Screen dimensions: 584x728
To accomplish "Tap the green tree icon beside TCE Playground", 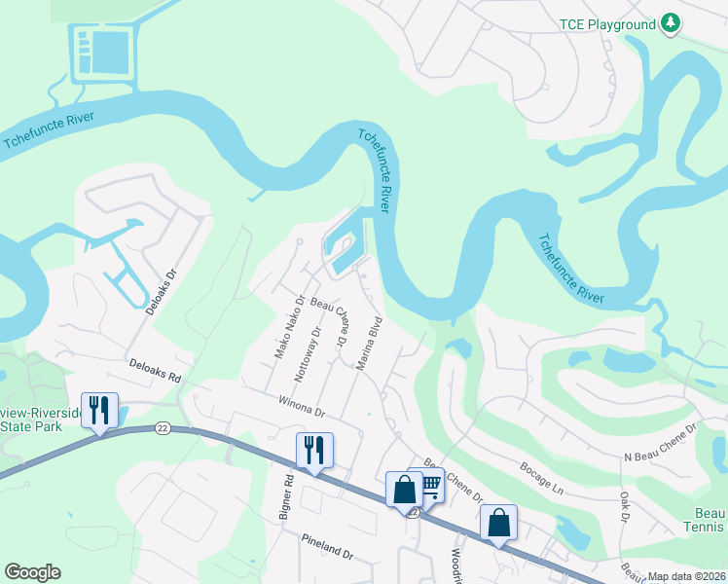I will (670, 22).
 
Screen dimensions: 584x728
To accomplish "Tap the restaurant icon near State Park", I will (98, 411).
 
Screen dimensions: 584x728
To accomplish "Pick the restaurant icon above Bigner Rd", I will (314, 451).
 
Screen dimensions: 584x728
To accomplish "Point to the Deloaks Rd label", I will (156, 369).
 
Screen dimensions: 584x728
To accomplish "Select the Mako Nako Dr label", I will (289, 325).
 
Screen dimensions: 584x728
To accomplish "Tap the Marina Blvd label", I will (367, 344).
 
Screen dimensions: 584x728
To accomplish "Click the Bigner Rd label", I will (287, 495).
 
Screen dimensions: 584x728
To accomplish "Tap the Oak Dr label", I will (623, 505).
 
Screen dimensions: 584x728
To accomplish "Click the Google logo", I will (32, 572).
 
